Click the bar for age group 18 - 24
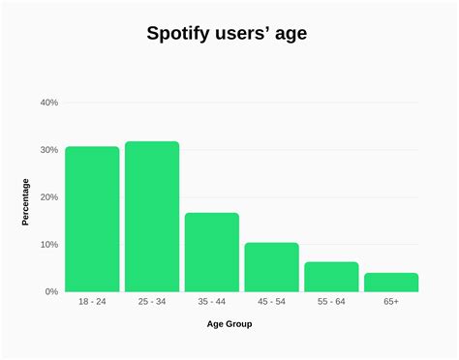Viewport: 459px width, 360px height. pos(92,219)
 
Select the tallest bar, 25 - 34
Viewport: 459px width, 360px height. pos(152,217)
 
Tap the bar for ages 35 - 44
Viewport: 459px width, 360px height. pos(212,252)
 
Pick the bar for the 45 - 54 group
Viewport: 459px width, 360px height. pos(271,267)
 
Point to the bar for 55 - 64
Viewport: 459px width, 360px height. pos(331,277)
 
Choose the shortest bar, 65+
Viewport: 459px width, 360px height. pos(391,282)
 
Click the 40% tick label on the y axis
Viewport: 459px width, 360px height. pos(48,103)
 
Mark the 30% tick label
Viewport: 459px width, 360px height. pos(48,150)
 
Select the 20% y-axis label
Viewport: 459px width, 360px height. pos(48,197)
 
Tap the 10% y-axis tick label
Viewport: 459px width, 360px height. pos(48,244)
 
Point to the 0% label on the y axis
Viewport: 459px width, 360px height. pos(51,291)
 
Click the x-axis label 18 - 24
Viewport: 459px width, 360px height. pos(92,303)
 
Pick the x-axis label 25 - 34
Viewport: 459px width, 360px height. pos(152,303)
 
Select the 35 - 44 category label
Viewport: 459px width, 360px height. pos(212,303)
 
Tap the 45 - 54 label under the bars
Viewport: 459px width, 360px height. pos(271,303)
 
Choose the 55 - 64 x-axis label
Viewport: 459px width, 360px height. pos(331,303)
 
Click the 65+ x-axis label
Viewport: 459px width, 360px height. pos(391,303)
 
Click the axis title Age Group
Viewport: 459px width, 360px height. pos(229,324)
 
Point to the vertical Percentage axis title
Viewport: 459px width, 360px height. pos(26,201)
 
